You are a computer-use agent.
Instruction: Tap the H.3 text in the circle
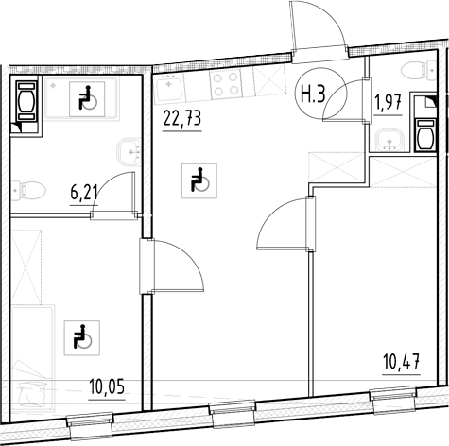(x=314, y=94)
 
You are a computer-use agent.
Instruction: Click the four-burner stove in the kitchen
(x=227, y=85)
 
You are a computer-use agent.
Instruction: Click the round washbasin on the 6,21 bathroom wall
(x=130, y=150)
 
